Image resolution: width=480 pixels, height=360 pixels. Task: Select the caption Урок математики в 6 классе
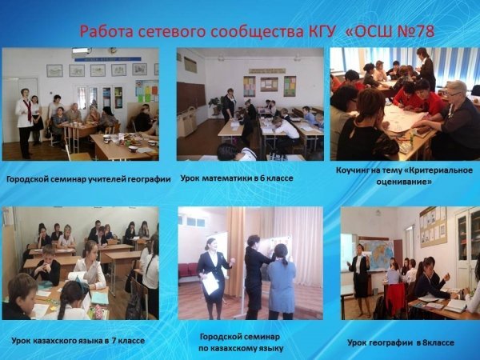237,178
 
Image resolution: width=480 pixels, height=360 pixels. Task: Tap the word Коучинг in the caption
354,170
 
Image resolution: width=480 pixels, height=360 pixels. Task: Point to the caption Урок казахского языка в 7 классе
78,341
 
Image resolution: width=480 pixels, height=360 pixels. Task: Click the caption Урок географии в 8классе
401,342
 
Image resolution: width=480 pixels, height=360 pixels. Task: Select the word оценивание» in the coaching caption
404,182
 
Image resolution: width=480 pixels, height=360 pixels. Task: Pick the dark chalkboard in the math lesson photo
191,98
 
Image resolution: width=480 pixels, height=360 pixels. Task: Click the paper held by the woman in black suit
210,282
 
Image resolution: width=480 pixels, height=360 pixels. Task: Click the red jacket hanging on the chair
395,298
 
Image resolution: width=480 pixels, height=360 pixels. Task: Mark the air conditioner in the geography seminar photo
82,52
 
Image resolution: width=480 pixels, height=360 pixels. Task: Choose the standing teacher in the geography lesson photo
359,280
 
